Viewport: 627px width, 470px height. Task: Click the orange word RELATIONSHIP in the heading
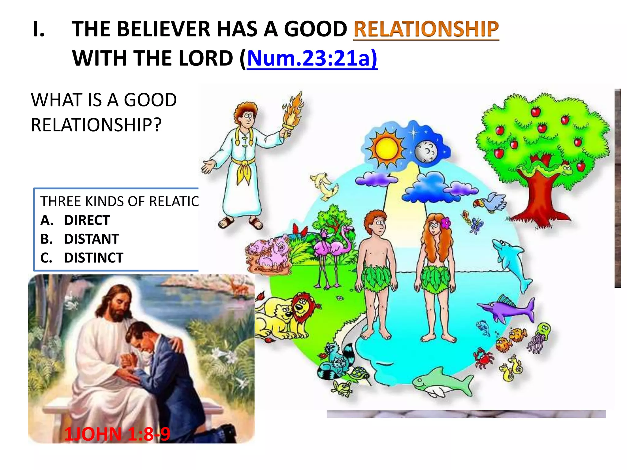pyautogui.click(x=426, y=29)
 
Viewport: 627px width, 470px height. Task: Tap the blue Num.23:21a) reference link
pyautogui.click(x=312, y=58)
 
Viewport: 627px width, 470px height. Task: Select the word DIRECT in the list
pyautogui.click(x=87, y=220)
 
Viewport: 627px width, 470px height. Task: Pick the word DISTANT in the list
pyautogui.click(x=91, y=239)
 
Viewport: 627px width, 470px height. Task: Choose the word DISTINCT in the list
pyautogui.click(x=93, y=258)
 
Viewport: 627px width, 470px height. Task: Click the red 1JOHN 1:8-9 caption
pyautogui.click(x=117, y=434)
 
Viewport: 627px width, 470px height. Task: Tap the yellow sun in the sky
pyautogui.click(x=387, y=149)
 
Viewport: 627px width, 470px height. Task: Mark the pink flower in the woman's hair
pyautogui.click(x=446, y=223)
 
